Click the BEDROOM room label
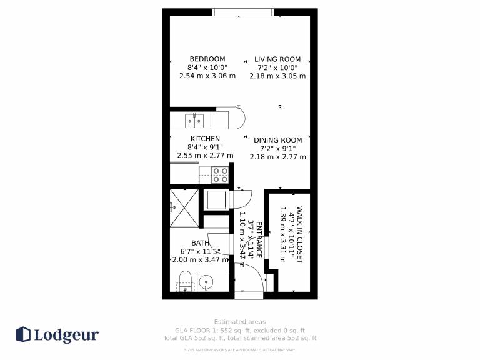207,59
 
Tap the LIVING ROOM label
277,59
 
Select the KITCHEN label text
205,139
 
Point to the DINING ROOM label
277,140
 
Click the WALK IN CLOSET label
300,234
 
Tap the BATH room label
201,243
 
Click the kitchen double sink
194,121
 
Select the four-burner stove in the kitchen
221,175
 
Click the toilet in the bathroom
185,281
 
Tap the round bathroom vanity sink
206,282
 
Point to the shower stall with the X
184,208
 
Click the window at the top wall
243,12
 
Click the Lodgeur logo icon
23,334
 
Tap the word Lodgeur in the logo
66,335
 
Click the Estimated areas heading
240,322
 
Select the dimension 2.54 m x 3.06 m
207,76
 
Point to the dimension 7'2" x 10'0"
277,67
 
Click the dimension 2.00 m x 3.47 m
201,260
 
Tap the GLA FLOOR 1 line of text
240,331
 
